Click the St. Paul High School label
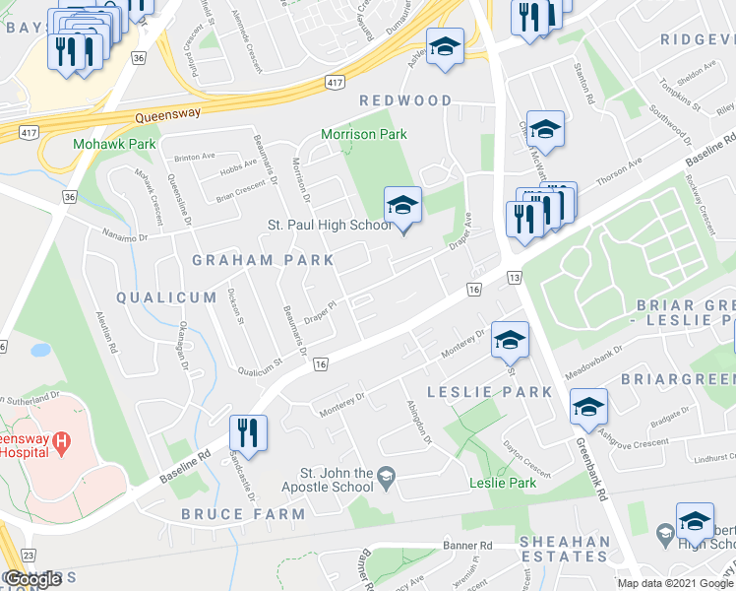(330, 226)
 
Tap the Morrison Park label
(363, 134)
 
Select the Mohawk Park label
(100, 144)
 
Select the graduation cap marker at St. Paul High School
(402, 207)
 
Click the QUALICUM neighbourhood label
(165, 296)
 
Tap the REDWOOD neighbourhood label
(405, 100)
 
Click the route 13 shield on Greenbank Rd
(514, 281)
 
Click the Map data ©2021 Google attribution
(674, 583)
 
